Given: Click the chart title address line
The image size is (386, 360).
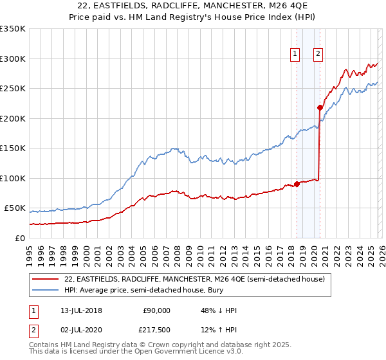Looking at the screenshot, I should click(x=192, y=7).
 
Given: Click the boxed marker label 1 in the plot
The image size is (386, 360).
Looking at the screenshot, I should click(x=295, y=55).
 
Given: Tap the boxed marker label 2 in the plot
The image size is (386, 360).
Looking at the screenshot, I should click(x=318, y=55).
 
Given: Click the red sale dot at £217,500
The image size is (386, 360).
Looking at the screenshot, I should click(x=320, y=107).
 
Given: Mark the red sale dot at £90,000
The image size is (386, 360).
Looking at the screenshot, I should click(x=297, y=184).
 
